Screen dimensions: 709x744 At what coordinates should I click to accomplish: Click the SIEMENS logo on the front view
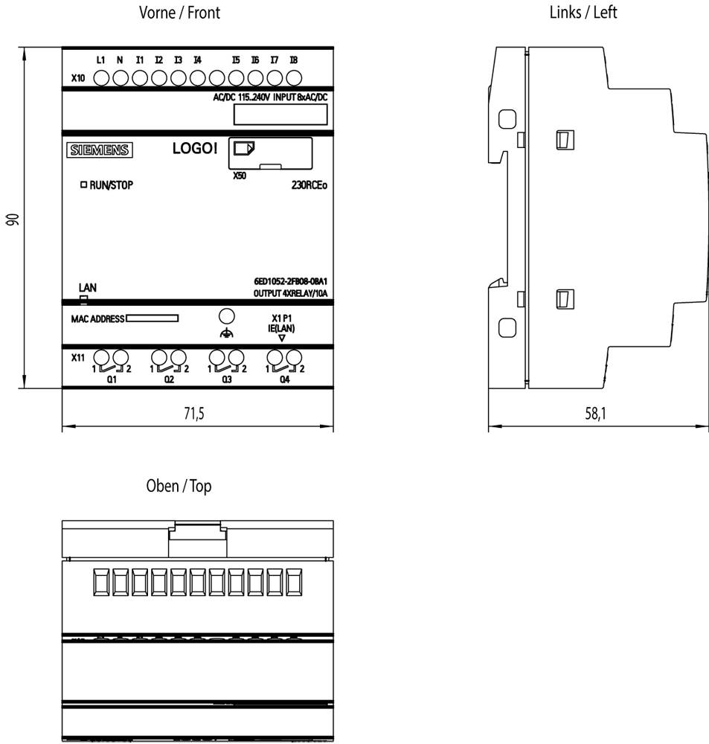pos(100,150)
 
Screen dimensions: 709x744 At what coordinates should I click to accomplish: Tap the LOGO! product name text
pos(195,149)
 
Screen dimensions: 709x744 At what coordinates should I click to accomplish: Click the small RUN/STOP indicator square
pos(84,184)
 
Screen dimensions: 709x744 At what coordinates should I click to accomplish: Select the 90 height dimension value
pos(13,219)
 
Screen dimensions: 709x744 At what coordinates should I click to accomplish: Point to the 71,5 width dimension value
pos(194,414)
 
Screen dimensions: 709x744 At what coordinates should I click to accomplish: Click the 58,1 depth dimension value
pos(595,414)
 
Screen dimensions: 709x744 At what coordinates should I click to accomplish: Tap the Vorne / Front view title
pos(179,13)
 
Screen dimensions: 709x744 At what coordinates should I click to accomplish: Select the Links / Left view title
pos(583,13)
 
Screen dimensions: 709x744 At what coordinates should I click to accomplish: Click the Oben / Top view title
pos(179,486)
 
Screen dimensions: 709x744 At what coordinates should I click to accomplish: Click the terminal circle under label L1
pos(102,78)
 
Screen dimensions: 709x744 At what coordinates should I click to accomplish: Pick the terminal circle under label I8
pos(294,78)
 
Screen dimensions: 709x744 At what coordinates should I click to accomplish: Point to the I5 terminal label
pos(236,60)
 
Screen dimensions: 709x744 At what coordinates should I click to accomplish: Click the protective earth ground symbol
pos(227,333)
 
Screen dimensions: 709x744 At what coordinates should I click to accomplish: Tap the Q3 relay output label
pos(227,379)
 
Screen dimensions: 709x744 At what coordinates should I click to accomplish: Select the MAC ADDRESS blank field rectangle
pos(153,318)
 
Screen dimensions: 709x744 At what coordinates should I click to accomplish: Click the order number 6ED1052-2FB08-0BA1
pos(290,281)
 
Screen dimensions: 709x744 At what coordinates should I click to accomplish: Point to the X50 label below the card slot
pos(240,176)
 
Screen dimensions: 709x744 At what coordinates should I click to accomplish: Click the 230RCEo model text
pos(309,185)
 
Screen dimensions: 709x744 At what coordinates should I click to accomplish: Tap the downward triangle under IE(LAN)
pos(282,339)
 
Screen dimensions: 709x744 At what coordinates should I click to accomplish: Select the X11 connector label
pos(78,358)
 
